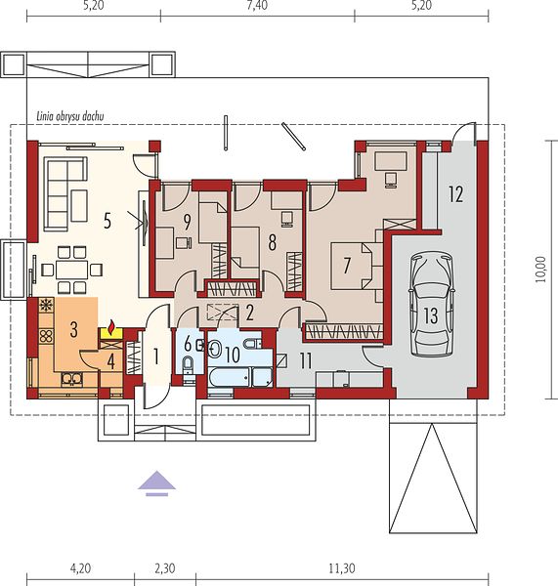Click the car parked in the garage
click(431, 305)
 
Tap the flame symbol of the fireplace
click(111, 328)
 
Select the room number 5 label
click(107, 221)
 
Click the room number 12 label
click(456, 194)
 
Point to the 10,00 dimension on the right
click(541, 270)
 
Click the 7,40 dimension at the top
click(257, 6)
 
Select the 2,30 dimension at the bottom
click(164, 568)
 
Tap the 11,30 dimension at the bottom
click(342, 568)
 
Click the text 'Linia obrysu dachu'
click(70, 116)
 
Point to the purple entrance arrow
click(156, 482)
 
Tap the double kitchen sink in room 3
click(71, 379)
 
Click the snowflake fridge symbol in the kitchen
click(46, 305)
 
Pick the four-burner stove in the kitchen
click(46, 336)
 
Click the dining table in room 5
click(71, 270)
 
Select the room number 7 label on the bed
click(347, 266)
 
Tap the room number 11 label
click(306, 361)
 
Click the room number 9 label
click(187, 222)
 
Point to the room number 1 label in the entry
click(156, 356)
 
